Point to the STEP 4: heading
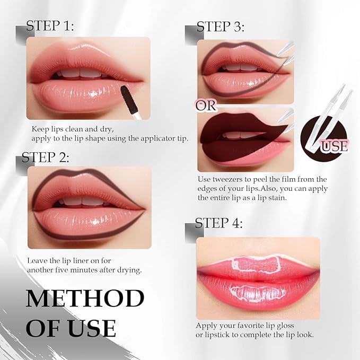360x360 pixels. [219, 223]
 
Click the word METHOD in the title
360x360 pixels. [85, 299]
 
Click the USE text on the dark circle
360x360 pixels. [334, 144]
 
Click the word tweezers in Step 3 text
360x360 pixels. [225, 179]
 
